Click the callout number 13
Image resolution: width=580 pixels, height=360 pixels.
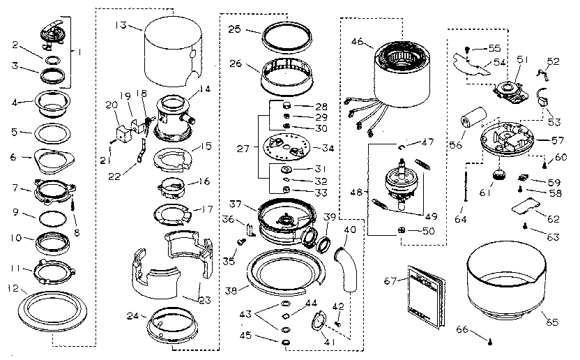click(x=121, y=26)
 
